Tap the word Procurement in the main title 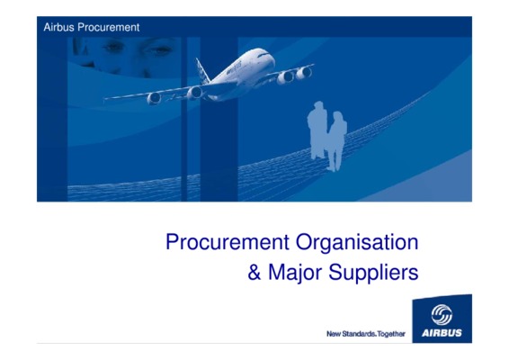tap(228, 242)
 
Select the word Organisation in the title tap(357, 243)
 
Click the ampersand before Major tap(254, 273)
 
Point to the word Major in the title tap(295, 273)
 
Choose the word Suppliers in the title tap(373, 273)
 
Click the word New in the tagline tap(333, 334)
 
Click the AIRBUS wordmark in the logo tap(442, 333)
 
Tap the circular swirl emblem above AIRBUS tap(442, 314)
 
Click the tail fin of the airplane tap(202, 70)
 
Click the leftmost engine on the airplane tap(154, 98)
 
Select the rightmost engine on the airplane tap(304, 73)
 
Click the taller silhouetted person tap(317, 130)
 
